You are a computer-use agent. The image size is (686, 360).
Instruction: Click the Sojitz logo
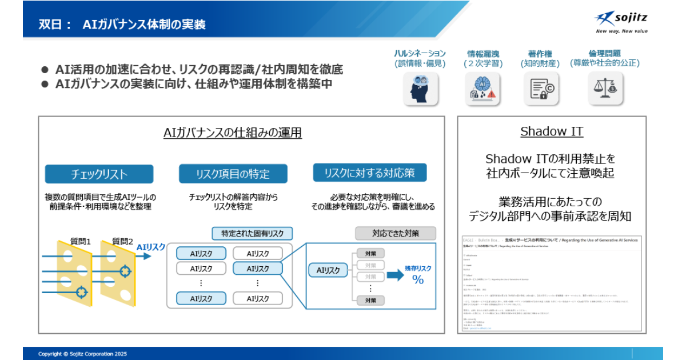[x=621, y=22]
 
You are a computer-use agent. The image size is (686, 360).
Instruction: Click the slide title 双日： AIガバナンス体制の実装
[x=122, y=24]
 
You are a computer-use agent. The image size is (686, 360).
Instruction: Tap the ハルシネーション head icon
[x=420, y=89]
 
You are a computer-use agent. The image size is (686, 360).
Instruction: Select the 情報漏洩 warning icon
[x=484, y=89]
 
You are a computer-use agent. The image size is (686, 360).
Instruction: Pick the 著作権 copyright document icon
[x=540, y=89]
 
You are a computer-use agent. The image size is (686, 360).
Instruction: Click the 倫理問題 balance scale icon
[x=605, y=89]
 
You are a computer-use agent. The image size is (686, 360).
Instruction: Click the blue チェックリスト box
[x=99, y=174]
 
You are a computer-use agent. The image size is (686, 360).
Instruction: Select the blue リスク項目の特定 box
[x=233, y=174]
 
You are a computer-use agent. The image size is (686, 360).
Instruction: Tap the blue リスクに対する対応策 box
[x=369, y=173]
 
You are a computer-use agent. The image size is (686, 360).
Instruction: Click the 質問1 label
[x=81, y=242]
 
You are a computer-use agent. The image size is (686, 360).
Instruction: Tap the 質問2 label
[x=122, y=242]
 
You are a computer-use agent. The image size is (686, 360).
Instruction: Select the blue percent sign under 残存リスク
[x=418, y=280]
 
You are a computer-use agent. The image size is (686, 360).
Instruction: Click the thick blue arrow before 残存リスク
[x=395, y=275]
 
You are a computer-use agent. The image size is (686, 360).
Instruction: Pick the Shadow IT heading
[x=552, y=131]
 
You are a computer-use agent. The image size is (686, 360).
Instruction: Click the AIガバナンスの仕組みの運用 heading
[x=233, y=133]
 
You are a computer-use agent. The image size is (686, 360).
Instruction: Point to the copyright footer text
[x=83, y=354]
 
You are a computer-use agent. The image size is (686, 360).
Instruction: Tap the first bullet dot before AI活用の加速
[x=45, y=70]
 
